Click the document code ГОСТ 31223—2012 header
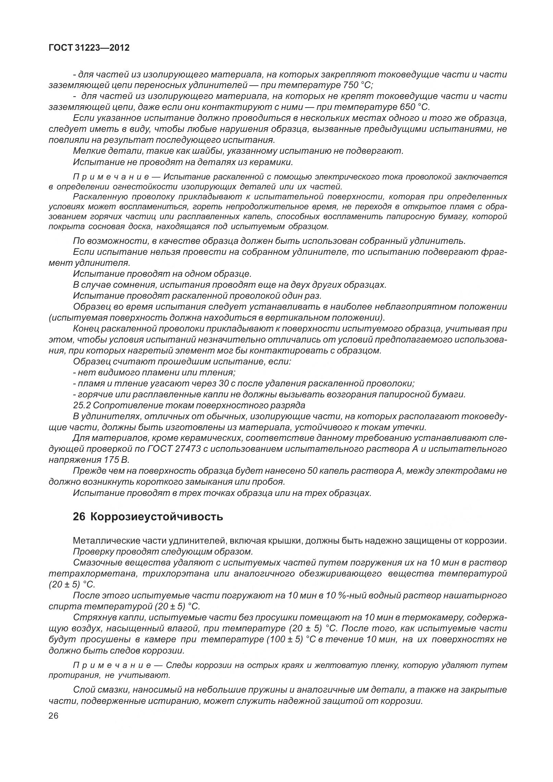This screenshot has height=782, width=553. click(89, 48)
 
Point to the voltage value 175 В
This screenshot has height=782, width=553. click(115, 460)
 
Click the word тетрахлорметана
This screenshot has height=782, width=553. click(90, 573)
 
